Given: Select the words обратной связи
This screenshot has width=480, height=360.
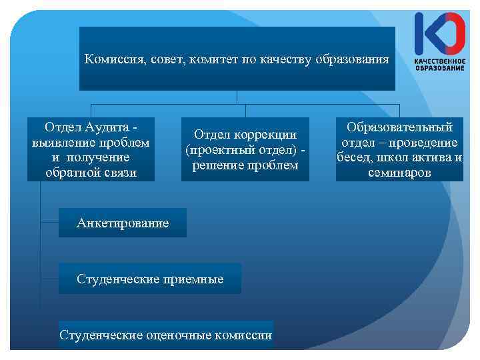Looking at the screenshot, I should (x=91, y=173).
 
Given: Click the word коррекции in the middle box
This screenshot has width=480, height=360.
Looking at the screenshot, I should (x=269, y=134).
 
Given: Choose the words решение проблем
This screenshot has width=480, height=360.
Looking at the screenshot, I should (x=245, y=165).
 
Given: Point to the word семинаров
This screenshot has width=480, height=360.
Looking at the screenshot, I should (x=399, y=173).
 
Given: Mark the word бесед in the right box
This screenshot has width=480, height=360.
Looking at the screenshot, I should (x=355, y=158).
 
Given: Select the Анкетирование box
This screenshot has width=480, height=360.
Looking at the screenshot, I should (x=123, y=223).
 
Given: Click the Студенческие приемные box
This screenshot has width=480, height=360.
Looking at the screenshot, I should (x=150, y=279).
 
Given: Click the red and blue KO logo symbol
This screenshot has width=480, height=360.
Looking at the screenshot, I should (x=440, y=33).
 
